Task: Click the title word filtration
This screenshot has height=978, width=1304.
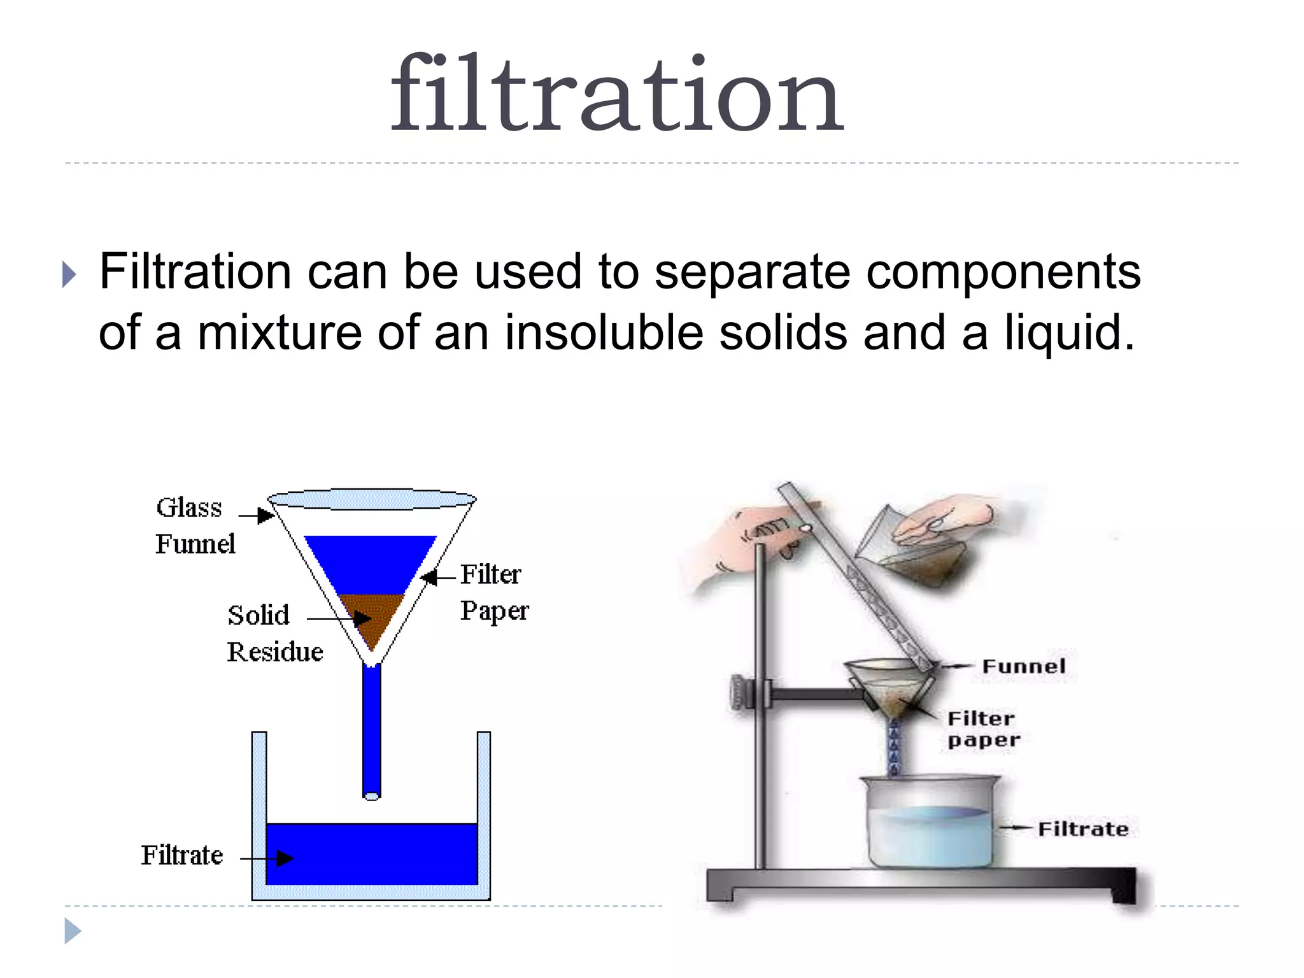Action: pos(616,96)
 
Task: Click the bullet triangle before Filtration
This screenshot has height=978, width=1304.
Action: pos(69,274)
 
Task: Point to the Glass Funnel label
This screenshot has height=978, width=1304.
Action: pos(194,526)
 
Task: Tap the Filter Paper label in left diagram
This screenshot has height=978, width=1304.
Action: pos(493,592)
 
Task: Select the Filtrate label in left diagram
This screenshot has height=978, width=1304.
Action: pos(182,855)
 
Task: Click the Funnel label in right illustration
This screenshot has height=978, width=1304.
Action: pos(1023,667)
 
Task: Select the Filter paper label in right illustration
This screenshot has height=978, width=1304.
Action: pos(982,729)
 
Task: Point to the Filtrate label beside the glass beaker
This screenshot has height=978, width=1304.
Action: pos(1082,829)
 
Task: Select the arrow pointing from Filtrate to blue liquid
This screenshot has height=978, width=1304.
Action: pos(267,859)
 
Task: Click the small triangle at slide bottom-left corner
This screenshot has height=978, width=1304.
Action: pos(72,931)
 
